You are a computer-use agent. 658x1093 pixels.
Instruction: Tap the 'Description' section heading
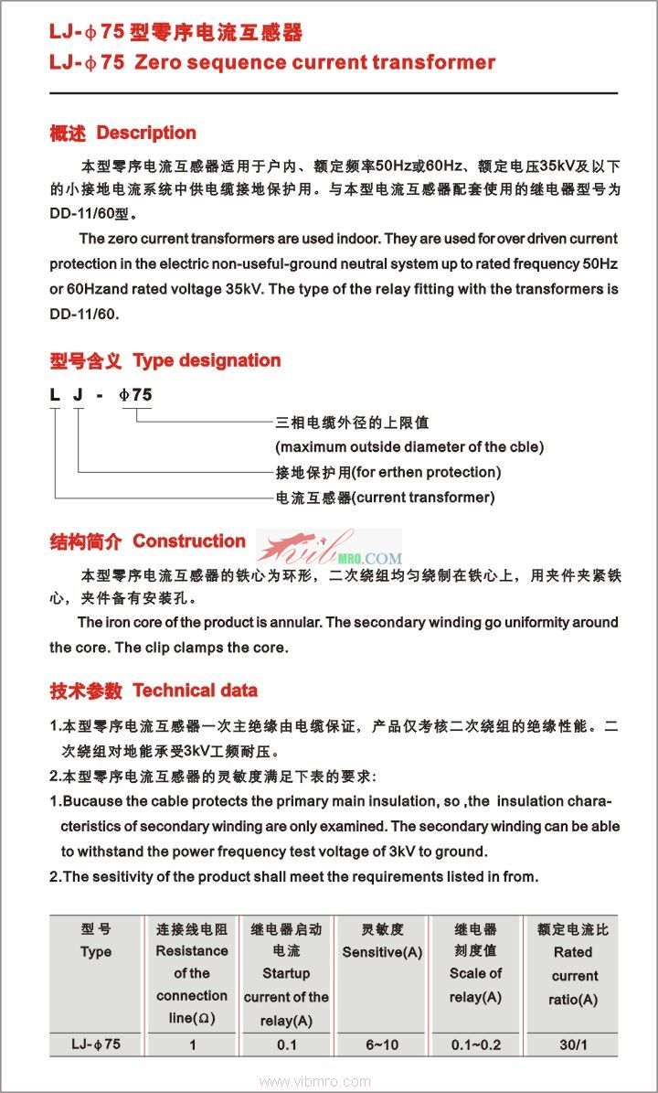pos(146,133)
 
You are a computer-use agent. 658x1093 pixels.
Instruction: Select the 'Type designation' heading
pos(207,360)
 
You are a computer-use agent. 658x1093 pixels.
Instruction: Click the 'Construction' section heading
pos(189,541)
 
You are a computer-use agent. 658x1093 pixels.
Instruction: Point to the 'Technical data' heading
pos(195,691)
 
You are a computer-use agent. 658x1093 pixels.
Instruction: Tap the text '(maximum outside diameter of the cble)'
pos(409,447)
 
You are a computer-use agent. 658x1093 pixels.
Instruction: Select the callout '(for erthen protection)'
pos(427,473)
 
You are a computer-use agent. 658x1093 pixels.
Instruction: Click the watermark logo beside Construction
pos(329,548)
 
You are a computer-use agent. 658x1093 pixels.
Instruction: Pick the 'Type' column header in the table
pos(95,951)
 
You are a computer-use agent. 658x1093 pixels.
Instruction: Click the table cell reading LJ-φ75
pos(95,1045)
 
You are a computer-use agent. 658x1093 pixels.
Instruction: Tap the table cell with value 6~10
pos(382,1045)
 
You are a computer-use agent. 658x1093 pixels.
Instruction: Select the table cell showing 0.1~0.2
pos(475,1045)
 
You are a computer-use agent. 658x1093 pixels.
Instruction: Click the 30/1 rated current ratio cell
pos(574,1045)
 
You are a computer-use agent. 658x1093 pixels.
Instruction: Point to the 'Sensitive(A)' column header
pos(382,952)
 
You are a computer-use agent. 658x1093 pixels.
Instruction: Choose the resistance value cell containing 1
pos(192,1045)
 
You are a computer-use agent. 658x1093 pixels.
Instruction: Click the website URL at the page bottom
pos(327,1081)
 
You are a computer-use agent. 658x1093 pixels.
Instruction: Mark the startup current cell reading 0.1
pos(286,1045)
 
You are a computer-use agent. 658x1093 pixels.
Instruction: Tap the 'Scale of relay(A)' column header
pos(475,984)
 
